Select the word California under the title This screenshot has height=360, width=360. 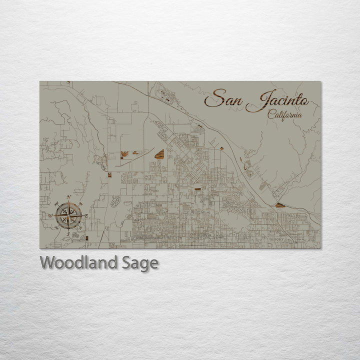284,114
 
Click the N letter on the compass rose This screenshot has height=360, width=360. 68,198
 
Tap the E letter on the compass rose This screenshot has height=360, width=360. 86,215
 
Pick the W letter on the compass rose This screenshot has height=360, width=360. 50,215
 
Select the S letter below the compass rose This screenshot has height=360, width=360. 68,233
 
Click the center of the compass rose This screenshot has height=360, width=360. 68,215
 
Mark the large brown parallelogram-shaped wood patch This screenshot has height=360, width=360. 158,154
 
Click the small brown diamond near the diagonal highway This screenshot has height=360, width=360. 221,148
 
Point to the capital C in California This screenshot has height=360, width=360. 271,114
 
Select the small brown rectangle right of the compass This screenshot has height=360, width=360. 87,238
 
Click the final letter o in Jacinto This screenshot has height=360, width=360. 304,101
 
